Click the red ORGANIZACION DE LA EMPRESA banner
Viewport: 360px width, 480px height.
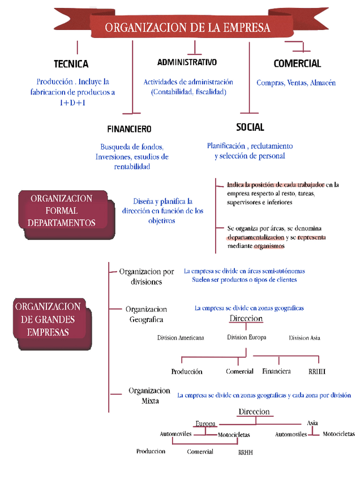pos(187,27)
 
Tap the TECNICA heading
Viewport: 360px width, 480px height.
pos(71,64)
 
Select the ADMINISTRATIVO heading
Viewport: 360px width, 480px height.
pos(187,62)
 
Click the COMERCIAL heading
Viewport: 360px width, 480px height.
pos(297,64)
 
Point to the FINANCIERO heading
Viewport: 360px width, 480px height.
pos(129,129)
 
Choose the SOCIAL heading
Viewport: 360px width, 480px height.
pos(250,127)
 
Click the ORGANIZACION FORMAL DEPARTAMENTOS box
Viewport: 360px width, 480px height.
pos(62,211)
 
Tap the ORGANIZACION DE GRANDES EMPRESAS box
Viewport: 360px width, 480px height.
pos(48,320)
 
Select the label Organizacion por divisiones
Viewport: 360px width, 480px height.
pos(147,276)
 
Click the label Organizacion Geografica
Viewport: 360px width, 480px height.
pos(146,314)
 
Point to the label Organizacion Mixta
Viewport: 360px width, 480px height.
pos(149,395)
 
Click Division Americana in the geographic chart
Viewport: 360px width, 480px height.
pos(181,338)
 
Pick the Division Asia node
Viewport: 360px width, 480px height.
pos(305,338)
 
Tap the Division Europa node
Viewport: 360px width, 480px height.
pos(246,337)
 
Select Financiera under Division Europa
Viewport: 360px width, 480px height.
pos(277,371)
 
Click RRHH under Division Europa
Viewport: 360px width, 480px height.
pos(317,372)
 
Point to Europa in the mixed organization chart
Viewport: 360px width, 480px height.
pos(205,423)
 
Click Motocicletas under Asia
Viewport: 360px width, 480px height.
pos(338,434)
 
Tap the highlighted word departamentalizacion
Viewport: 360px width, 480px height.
pos(256,238)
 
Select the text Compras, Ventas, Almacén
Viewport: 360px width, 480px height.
pos(296,83)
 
